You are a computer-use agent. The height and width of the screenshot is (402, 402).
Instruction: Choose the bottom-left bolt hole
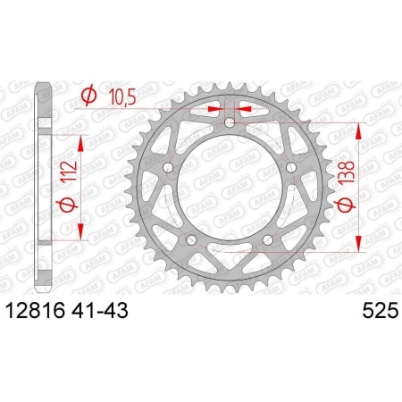click(192, 241)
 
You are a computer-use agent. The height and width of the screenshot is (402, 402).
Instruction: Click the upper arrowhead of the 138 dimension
click(359, 130)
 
